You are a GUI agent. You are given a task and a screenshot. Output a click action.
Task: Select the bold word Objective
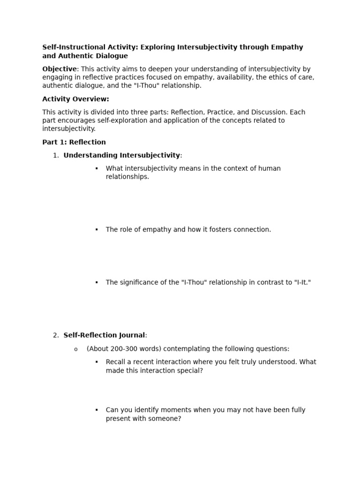tap(59, 69)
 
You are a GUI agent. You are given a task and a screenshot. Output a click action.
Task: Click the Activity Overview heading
tap(75, 99)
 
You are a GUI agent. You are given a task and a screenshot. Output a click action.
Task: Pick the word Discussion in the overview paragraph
tap(266, 112)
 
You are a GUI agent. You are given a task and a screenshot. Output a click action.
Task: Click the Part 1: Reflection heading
tap(74, 142)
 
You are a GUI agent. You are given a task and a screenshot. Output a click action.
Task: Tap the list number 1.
tap(55, 155)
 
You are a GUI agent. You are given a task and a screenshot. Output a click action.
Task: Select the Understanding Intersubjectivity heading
tap(121, 155)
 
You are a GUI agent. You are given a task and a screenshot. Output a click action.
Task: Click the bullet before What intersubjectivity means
tap(97, 168)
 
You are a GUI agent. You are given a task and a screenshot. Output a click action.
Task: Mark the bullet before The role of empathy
tap(97, 230)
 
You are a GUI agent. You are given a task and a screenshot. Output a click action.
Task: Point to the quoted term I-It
tap(302, 282)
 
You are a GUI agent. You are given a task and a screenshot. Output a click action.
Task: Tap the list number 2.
tap(55, 335)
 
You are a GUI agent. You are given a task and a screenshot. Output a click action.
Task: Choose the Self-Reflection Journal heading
tap(104, 335)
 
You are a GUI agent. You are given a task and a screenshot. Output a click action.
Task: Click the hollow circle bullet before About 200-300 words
tap(75, 349)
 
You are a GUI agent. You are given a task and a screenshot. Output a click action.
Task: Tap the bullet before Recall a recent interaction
tap(97, 362)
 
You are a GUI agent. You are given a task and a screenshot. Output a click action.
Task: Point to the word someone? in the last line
tap(166, 419)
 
